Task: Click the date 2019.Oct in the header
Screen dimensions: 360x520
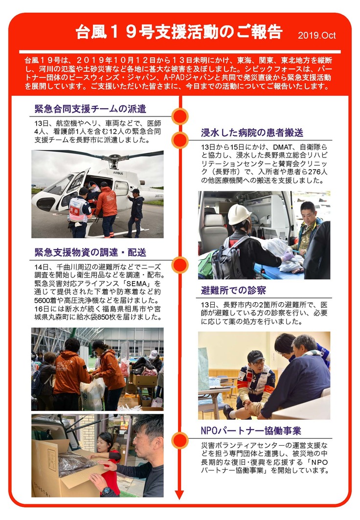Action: (x=316, y=36)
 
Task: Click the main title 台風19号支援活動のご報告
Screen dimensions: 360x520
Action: (x=179, y=32)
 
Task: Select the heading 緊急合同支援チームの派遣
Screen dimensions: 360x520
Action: (x=90, y=109)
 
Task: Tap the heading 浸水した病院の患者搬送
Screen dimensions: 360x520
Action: (x=252, y=133)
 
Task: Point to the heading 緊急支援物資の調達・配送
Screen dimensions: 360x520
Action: (x=90, y=252)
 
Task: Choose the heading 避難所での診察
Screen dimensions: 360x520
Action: (x=233, y=291)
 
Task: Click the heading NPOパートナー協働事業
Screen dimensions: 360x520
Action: (x=251, y=431)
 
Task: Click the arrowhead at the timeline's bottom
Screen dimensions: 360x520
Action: (x=180, y=494)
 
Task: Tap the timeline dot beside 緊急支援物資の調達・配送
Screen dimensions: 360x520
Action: (x=180, y=265)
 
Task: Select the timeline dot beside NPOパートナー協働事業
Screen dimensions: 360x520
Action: (x=180, y=440)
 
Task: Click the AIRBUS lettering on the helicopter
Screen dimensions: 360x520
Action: (x=118, y=173)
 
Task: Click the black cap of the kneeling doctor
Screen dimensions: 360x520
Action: (x=256, y=357)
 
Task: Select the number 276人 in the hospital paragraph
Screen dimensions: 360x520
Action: (x=317, y=172)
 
